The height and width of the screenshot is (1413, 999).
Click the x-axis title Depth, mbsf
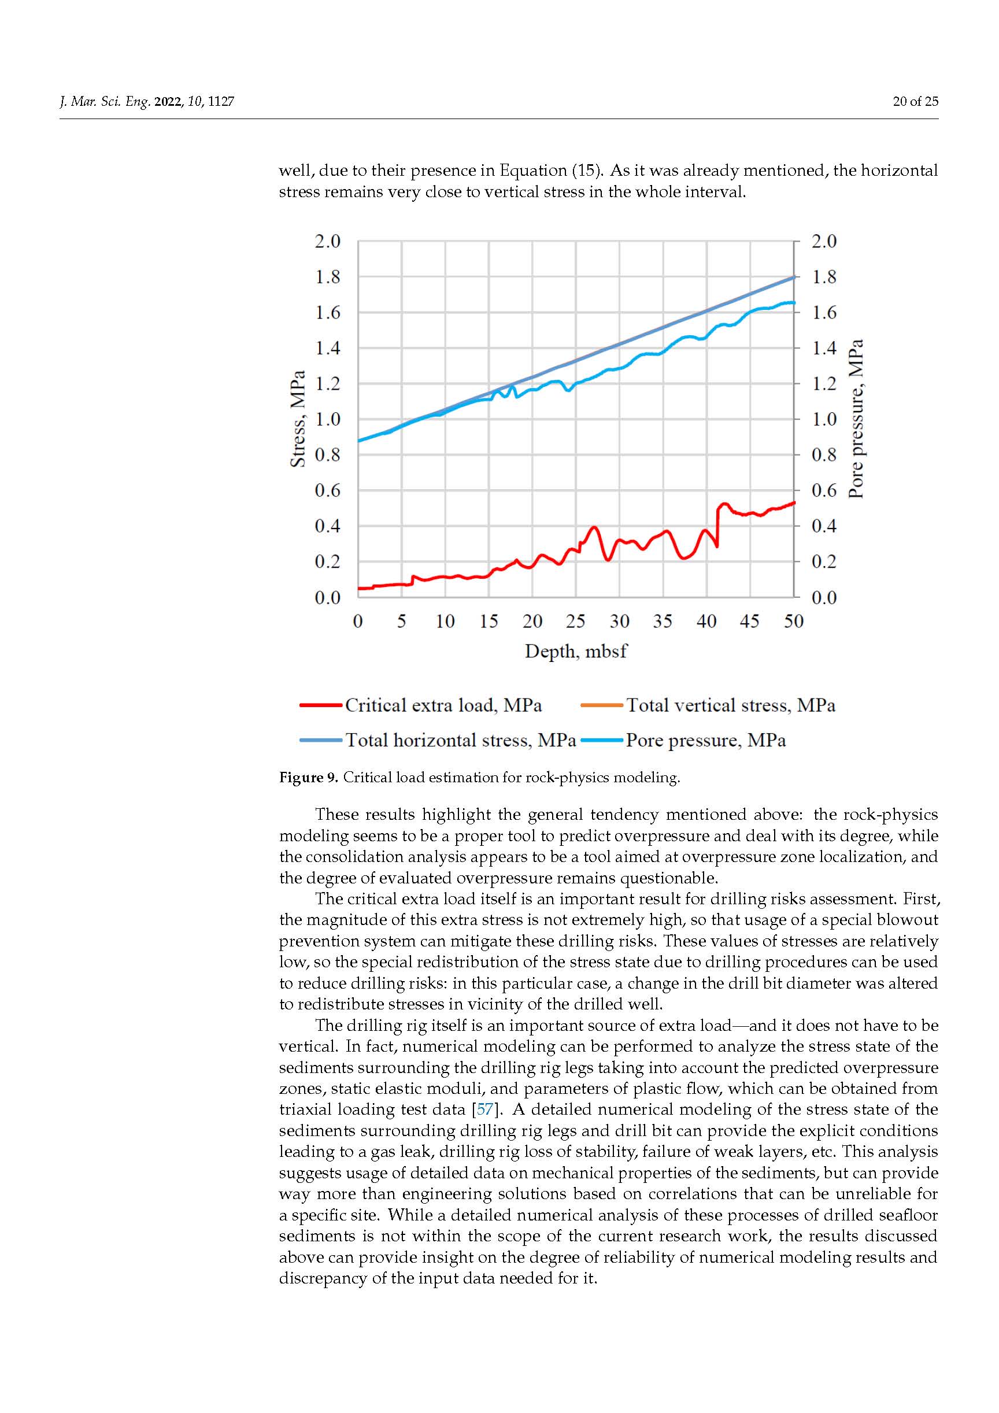point(575,651)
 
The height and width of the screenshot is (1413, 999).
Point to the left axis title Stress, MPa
point(298,419)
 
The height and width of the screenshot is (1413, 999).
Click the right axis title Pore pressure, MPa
point(856,419)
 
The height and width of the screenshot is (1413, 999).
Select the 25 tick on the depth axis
point(575,622)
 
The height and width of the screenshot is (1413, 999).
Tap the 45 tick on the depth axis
point(750,622)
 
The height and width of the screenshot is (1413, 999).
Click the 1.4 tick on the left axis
point(327,348)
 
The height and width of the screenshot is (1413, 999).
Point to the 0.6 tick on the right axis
point(824,490)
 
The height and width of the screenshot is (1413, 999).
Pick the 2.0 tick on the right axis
point(824,241)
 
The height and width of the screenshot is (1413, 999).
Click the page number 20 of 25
point(915,102)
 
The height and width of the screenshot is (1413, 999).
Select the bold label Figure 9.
point(308,777)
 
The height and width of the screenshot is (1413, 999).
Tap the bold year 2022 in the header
point(168,102)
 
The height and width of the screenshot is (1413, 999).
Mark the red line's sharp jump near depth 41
point(717,526)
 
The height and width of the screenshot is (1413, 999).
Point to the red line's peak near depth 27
point(594,527)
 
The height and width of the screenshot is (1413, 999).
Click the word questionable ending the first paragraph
point(668,878)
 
